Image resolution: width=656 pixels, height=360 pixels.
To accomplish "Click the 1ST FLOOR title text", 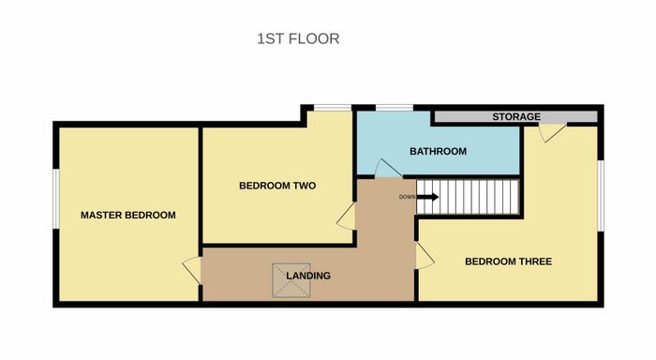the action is click(298, 39).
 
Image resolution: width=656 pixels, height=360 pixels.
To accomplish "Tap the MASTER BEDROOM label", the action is click(128, 216).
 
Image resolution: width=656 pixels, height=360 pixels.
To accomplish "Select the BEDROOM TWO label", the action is click(277, 186).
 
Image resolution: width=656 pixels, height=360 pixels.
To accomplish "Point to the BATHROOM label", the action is click(438, 151).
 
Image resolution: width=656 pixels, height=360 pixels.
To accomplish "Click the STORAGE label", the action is click(516, 117).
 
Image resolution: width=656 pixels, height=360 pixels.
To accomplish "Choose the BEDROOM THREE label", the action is click(508, 262).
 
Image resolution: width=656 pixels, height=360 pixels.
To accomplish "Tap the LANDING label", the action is click(308, 276).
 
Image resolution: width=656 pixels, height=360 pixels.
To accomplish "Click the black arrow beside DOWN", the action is click(427, 197).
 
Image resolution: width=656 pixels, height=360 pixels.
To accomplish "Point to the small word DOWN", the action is click(407, 197).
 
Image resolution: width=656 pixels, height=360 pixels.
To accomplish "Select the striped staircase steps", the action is click(468, 197).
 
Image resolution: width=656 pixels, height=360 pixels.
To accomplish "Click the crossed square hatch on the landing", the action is click(291, 280).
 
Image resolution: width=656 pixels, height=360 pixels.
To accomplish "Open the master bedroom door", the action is click(192, 270).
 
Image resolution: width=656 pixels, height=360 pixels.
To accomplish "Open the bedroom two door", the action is click(347, 216).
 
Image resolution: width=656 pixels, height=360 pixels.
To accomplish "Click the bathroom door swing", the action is click(388, 168).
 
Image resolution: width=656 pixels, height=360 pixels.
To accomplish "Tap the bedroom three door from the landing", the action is click(425, 255).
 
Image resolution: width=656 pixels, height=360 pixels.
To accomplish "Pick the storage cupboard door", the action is click(552, 132).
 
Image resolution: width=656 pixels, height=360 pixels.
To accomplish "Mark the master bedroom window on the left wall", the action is click(56, 199).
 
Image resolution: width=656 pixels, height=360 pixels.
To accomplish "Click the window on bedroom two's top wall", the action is click(333, 108).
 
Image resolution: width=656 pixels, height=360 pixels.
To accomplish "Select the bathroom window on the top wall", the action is click(395, 108).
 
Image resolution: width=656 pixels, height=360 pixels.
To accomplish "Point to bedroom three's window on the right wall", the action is click(601, 196).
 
